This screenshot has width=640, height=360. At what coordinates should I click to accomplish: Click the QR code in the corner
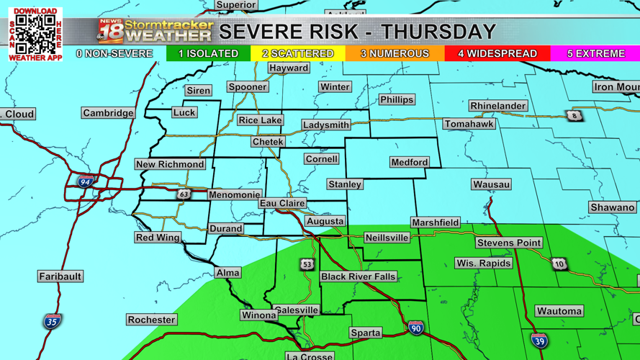tap(35, 34)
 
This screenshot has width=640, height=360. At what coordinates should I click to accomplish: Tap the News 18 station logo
tap(111, 32)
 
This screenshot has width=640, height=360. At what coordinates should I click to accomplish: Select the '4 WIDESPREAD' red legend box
tap(497, 53)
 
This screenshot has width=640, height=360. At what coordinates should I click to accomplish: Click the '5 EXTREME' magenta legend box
tap(595, 53)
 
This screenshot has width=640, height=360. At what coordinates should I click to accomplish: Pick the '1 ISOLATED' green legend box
tap(208, 53)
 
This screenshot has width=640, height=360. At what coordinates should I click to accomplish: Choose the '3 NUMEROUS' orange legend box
tap(395, 53)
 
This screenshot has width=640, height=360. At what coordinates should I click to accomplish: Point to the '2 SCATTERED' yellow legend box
tap(297, 53)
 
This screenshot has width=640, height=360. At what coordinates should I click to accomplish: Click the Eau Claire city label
tap(282, 204)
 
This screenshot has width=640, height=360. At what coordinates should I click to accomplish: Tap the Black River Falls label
tap(358, 276)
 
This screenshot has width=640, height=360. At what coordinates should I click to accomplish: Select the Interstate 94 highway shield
tap(86, 182)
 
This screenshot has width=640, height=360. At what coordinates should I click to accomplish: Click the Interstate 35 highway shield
tap(52, 320)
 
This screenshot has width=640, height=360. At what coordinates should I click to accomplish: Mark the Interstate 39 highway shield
tap(539, 340)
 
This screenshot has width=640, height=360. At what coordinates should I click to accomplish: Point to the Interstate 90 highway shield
tap(415, 328)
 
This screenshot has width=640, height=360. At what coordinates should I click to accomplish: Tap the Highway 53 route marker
tap(307, 264)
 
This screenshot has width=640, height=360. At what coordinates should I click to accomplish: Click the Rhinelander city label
tap(497, 106)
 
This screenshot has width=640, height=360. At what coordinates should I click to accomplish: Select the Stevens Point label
tap(508, 243)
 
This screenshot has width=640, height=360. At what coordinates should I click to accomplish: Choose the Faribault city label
tap(60, 276)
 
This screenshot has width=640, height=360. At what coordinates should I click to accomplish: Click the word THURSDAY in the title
tap(438, 32)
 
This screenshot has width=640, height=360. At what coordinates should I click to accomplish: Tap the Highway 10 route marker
tap(559, 264)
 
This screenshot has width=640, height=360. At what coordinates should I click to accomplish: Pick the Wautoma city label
tap(559, 311)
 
